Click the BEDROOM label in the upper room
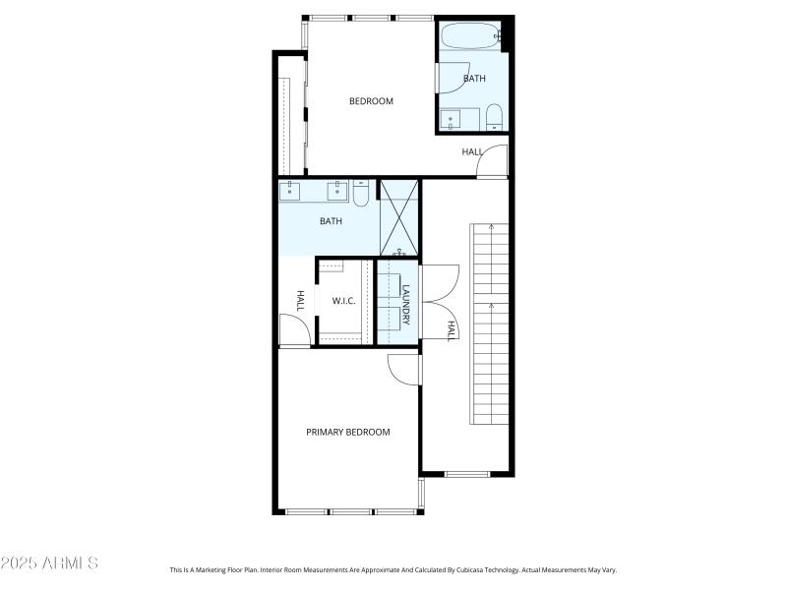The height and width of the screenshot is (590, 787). tap(371, 101)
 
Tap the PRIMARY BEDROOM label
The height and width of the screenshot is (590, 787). tap(347, 432)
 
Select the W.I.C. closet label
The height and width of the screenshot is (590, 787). tap(343, 301)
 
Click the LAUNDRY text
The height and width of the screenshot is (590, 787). tap(404, 305)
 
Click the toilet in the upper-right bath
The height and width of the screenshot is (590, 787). tap(494, 118)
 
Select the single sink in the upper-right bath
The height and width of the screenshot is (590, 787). tap(452, 120)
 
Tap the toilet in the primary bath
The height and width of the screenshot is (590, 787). tap(361, 194)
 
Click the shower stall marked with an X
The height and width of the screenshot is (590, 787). tap(399, 217)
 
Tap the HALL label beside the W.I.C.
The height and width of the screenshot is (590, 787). tap(301, 299)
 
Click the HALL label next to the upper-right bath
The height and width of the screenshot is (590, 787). tap(472, 152)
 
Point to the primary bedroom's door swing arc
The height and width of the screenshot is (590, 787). tap(403, 370)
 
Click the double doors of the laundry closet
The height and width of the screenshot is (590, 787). tap(437, 303)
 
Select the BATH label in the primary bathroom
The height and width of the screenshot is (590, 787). tap(331, 221)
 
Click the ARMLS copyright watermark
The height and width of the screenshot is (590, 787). tap(49, 563)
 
